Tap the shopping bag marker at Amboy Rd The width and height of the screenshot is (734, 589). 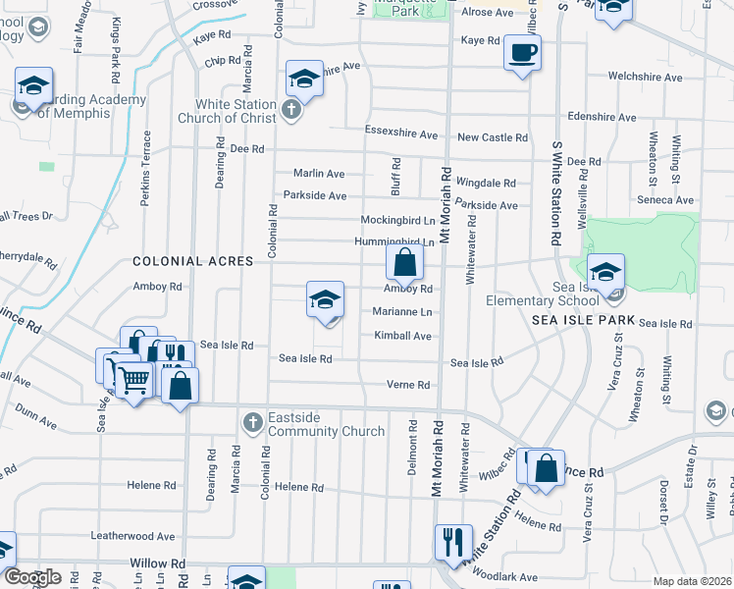pyautogui.click(x=404, y=262)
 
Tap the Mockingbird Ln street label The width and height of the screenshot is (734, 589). pyautogui.click(x=397, y=220)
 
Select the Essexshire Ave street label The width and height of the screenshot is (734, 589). pyautogui.click(x=401, y=134)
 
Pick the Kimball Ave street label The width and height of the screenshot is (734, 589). pyautogui.click(x=402, y=336)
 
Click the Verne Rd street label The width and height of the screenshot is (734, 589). pyautogui.click(x=409, y=385)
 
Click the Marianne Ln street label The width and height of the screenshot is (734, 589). pyautogui.click(x=402, y=312)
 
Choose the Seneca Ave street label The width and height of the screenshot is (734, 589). pyautogui.click(x=666, y=200)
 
